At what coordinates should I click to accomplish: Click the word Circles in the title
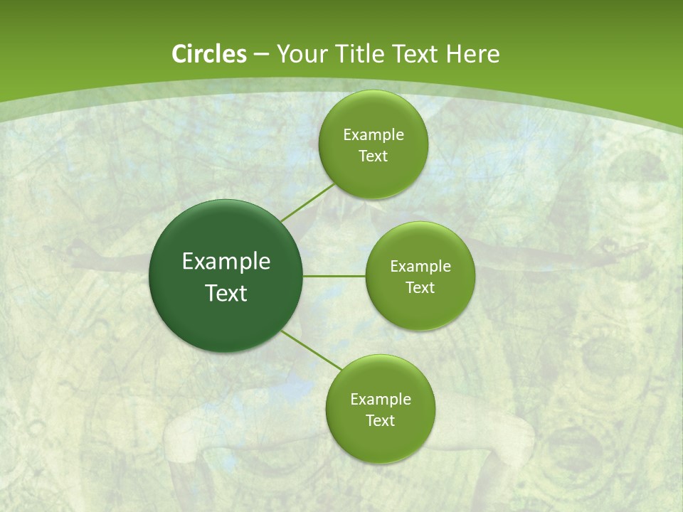pyautogui.click(x=209, y=54)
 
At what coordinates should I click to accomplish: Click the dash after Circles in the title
pyautogui.click(x=261, y=55)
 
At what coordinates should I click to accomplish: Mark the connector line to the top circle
pyautogui.click(x=307, y=203)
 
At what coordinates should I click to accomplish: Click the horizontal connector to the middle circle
pyautogui.click(x=334, y=276)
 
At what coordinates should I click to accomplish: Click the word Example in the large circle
pyautogui.click(x=226, y=262)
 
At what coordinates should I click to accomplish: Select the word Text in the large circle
pyautogui.click(x=226, y=293)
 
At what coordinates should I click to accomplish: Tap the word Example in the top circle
pyautogui.click(x=374, y=135)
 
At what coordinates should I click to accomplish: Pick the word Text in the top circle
pyautogui.click(x=374, y=156)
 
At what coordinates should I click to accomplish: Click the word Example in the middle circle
pyautogui.click(x=420, y=267)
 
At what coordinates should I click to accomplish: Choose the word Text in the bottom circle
pyautogui.click(x=381, y=421)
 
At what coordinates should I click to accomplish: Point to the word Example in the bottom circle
pyautogui.click(x=381, y=400)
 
